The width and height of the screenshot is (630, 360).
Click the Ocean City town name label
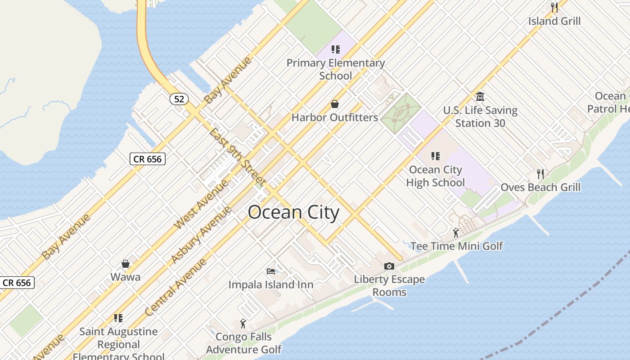[293, 212]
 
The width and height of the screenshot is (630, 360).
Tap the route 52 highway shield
[179, 99]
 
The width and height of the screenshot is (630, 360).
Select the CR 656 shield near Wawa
[17, 283]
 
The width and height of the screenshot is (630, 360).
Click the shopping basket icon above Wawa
[126, 264]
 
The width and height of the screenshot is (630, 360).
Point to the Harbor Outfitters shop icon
[335, 104]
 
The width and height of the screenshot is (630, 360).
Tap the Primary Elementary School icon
[335, 49]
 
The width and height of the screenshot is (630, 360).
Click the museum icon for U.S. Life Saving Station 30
[480, 97]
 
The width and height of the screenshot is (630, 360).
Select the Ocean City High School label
[435, 176]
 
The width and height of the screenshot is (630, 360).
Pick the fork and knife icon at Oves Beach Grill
[540, 174]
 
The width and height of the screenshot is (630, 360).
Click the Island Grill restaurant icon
[554, 8]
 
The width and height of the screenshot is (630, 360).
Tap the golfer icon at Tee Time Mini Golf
[456, 233]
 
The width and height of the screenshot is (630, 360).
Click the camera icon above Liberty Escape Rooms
[389, 266]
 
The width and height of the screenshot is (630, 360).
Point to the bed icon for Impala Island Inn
[270, 271]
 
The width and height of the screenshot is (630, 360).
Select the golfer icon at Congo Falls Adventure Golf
[243, 323]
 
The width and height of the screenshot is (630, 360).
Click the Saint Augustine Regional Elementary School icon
[118, 318]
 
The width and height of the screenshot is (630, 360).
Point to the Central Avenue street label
[176, 287]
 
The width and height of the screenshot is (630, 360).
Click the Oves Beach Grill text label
[540, 187]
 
